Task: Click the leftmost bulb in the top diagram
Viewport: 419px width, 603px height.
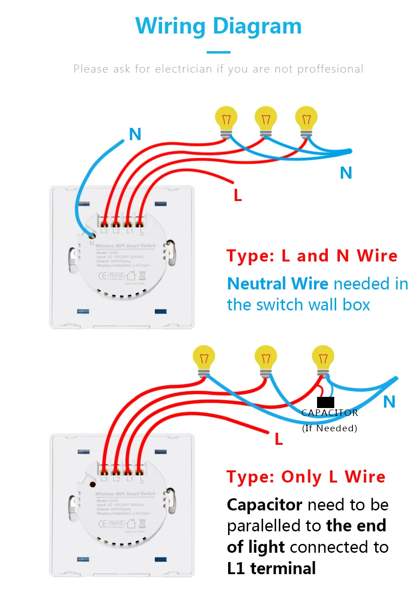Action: pos(226,119)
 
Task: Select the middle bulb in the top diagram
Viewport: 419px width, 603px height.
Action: pos(266,119)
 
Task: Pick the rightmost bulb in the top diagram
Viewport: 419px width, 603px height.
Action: pos(306,119)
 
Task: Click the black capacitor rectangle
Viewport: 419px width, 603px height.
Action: pos(325,402)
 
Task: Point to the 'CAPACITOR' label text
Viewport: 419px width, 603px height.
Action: pos(330,413)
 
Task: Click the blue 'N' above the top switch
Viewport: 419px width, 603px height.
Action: pos(135,134)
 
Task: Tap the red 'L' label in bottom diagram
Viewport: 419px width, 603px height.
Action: pos(278,439)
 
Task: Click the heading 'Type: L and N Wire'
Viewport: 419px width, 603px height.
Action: pos(312,256)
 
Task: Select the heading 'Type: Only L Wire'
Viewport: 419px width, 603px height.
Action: pos(306,477)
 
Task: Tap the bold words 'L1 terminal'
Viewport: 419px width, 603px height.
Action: pos(271,568)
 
